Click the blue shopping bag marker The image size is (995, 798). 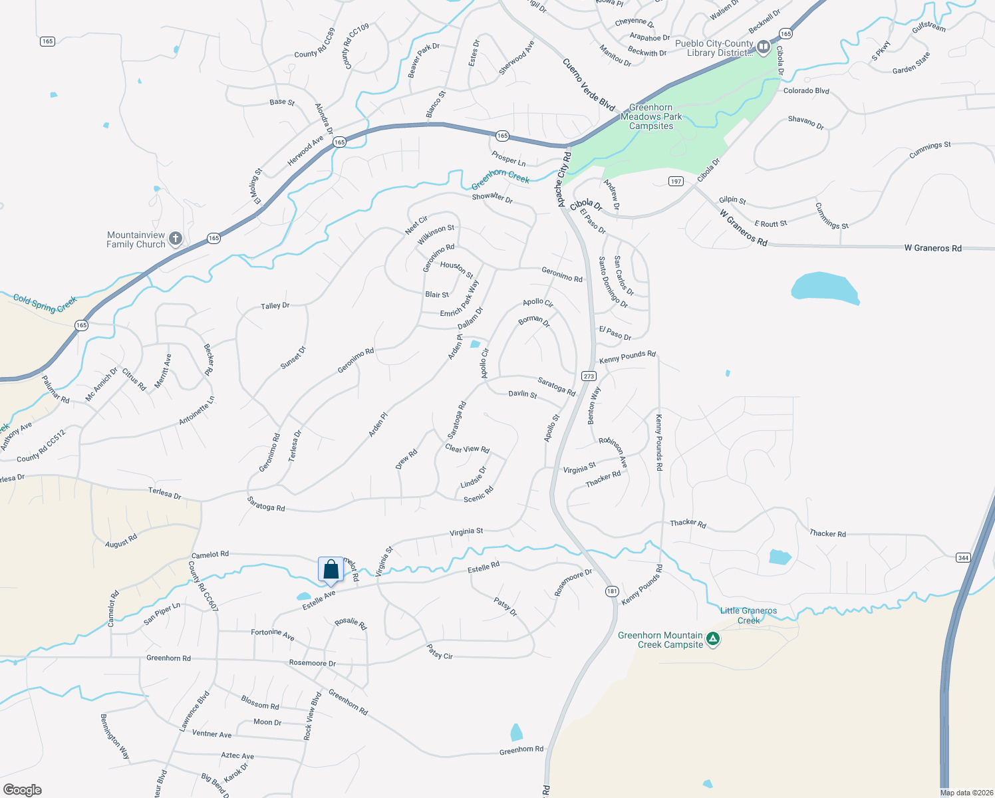pyautogui.click(x=331, y=570)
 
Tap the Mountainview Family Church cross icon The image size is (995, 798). pyautogui.click(x=176, y=239)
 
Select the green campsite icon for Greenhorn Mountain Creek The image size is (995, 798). pyautogui.click(x=713, y=639)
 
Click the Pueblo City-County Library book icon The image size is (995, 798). pyautogui.click(x=764, y=47)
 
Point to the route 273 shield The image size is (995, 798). pyautogui.click(x=589, y=376)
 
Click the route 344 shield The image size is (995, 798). pyautogui.click(x=963, y=557)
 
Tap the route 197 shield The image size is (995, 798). pyautogui.click(x=676, y=182)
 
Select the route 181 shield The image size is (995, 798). pyautogui.click(x=612, y=591)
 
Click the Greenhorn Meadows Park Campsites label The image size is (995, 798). pyautogui.click(x=651, y=116)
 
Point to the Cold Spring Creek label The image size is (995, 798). pyautogui.click(x=45, y=303)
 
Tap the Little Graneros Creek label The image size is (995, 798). pyautogui.click(x=748, y=615)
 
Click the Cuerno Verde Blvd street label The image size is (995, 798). pyautogui.click(x=589, y=84)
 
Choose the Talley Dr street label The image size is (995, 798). pyautogui.click(x=275, y=306)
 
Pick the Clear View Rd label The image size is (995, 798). pyautogui.click(x=467, y=449)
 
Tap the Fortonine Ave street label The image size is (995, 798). pyautogui.click(x=273, y=634)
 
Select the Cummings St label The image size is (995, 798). pyautogui.click(x=831, y=215)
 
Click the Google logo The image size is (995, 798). pyautogui.click(x=23, y=790)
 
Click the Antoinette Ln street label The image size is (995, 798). pyautogui.click(x=197, y=410)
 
